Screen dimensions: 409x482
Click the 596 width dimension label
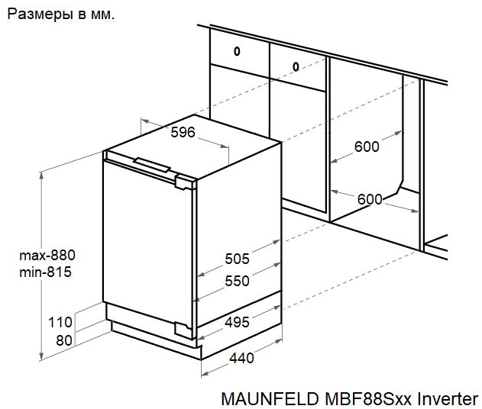click(183, 133)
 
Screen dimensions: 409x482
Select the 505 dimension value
click(237, 259)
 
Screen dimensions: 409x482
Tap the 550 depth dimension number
click(237, 281)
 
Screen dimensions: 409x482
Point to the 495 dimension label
click(237, 322)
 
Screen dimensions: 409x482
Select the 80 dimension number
click(64, 340)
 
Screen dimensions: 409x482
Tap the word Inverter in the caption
click(447, 399)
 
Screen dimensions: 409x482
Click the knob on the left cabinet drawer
click(237, 52)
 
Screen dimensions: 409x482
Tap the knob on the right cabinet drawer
click(296, 66)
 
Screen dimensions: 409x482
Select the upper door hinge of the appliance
click(186, 182)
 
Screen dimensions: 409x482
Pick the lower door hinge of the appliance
click(186, 329)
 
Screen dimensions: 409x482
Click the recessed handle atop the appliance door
click(153, 164)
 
